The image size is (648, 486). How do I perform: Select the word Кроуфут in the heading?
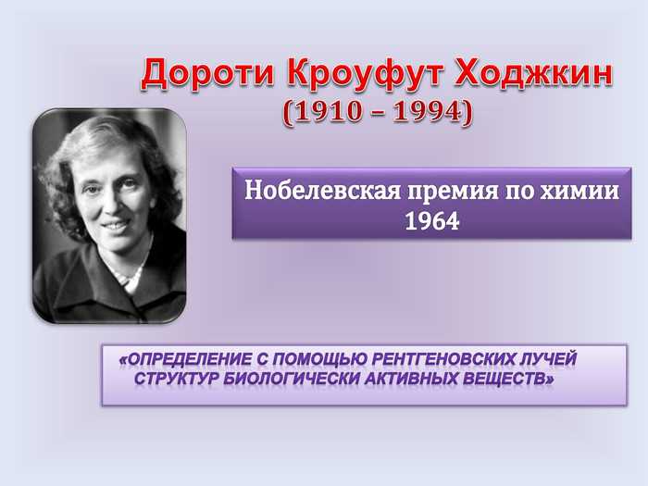[x=365, y=74]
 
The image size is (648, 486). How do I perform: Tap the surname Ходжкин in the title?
[x=533, y=74]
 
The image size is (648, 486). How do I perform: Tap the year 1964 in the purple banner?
[x=432, y=221]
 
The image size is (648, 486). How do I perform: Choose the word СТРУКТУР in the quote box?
[x=177, y=378]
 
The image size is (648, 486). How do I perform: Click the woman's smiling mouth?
[x=116, y=226]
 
